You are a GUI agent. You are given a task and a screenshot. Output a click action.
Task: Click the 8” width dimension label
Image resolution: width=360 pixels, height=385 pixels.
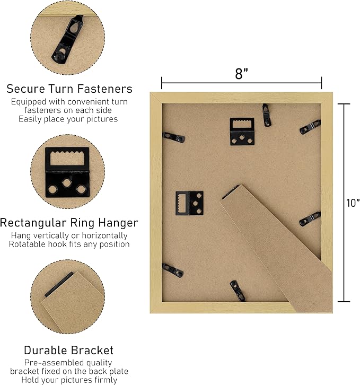pyautogui.click(x=242, y=73)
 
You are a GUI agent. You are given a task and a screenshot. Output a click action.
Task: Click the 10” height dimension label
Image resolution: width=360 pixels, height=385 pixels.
pyautogui.click(x=353, y=203)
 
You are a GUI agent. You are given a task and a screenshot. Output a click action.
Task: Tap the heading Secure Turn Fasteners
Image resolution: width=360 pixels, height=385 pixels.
pyautogui.click(x=69, y=89)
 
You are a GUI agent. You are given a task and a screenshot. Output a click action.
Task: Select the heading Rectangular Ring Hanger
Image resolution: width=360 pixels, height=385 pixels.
pyautogui.click(x=69, y=223)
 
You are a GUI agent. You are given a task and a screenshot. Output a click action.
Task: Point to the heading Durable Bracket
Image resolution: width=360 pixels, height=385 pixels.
pyautogui.click(x=69, y=350)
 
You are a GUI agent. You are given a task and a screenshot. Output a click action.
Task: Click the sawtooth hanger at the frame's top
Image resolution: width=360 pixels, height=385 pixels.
pyautogui.click(x=242, y=132)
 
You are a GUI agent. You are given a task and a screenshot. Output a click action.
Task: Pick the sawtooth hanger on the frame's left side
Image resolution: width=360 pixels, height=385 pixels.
pyautogui.click(x=189, y=203)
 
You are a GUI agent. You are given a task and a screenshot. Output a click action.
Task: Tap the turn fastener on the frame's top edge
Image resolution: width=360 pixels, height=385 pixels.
pyautogui.click(x=267, y=115)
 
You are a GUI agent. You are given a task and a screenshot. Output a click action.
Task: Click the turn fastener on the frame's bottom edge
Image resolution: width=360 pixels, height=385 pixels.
pyautogui.click(x=238, y=291)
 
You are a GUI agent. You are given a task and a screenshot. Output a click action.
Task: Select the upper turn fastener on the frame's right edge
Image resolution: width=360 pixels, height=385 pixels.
pyautogui.click(x=310, y=127)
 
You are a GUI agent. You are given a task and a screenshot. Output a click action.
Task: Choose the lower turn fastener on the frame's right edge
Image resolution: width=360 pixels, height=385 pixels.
pyautogui.click(x=310, y=219)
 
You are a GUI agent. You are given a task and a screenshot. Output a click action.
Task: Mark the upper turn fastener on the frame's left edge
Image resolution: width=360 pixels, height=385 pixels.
pyautogui.click(x=173, y=137)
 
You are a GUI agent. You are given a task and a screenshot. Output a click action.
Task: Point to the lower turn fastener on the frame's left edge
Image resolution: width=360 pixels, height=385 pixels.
pyautogui.click(x=173, y=270)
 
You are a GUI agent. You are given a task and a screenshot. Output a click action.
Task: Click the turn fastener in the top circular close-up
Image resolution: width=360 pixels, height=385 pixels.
pyautogui.click(x=67, y=40)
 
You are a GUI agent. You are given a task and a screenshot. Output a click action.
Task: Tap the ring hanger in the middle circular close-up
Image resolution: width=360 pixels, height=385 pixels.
pyautogui.click(x=67, y=172)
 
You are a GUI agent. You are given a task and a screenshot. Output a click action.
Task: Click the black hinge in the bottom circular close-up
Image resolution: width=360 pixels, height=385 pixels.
pyautogui.click(x=59, y=284)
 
